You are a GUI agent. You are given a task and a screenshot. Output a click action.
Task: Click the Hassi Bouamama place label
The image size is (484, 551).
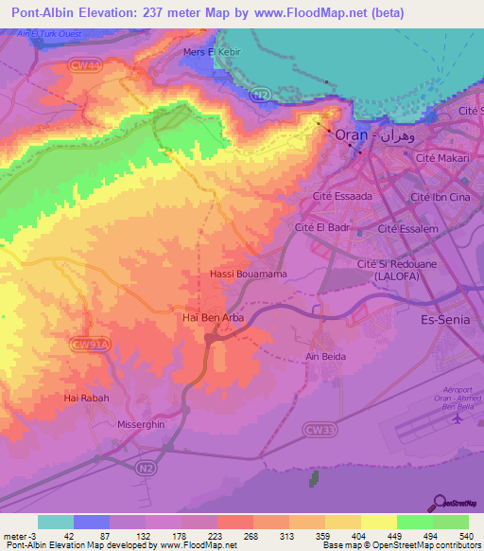tap(248, 274)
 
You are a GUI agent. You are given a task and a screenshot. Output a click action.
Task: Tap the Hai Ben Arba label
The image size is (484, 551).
tap(213, 318)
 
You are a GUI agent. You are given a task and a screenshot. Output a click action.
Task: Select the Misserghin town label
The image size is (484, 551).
tap(141, 425)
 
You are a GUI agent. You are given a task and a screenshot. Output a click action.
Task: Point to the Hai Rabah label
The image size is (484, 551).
tap(87, 399)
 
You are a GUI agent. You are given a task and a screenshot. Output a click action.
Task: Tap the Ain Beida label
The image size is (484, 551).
tap(323, 357)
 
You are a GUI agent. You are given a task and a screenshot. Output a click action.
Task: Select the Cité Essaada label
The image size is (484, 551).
tap(341, 197)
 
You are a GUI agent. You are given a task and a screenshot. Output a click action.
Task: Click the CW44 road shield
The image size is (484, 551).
tap(84, 64)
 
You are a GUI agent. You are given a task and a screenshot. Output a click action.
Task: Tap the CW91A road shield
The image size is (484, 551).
tap(90, 346)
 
